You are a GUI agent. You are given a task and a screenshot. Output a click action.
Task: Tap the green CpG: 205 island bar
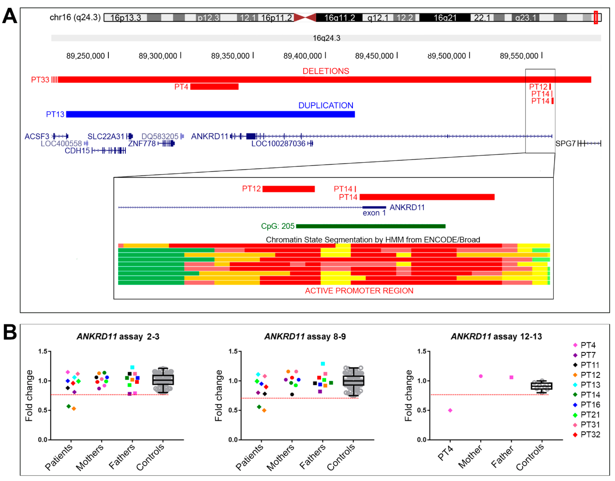click(x=370, y=226)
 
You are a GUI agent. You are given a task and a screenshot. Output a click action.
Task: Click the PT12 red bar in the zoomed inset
click(x=288, y=189)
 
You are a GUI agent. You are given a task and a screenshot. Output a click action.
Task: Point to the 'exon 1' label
click(x=374, y=213)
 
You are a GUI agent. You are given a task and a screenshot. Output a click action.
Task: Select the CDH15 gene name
click(x=77, y=151)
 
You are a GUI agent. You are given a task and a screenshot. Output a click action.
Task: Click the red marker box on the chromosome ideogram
click(x=596, y=17)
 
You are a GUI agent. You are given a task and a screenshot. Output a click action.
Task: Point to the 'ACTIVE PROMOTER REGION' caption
click(x=359, y=291)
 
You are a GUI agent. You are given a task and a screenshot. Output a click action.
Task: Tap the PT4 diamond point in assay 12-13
click(x=450, y=410)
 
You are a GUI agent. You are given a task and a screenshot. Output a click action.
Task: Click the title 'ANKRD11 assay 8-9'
click(x=305, y=336)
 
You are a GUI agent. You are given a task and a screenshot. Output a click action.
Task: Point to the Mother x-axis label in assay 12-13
click(x=470, y=457)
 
